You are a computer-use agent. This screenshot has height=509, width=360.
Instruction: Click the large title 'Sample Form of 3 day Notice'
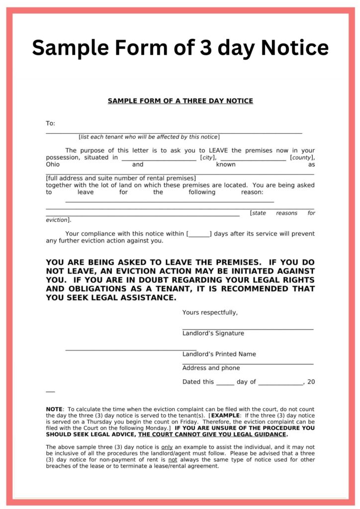[x=180, y=48]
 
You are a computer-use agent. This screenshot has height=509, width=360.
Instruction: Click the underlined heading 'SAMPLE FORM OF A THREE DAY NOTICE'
[x=180, y=101]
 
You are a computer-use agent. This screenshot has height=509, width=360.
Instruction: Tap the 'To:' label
[x=50, y=123]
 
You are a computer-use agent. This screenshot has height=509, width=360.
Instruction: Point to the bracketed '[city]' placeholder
[x=208, y=158]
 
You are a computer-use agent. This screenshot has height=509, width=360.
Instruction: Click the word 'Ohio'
[x=52, y=165]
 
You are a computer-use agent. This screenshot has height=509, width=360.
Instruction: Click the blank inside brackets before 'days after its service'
[x=199, y=234]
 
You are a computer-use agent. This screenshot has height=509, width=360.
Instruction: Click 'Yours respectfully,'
[x=210, y=313]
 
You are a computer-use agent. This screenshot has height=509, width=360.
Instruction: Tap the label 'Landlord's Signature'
[x=213, y=334]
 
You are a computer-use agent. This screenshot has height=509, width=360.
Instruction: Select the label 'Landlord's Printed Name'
[x=219, y=354]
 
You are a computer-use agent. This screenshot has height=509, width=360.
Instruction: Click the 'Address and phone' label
[x=211, y=368]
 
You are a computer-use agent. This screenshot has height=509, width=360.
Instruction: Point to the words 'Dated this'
[x=198, y=382]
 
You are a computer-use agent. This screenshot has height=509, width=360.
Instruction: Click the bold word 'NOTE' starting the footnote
[x=54, y=410]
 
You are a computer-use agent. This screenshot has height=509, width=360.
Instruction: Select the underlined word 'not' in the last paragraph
[x=173, y=460]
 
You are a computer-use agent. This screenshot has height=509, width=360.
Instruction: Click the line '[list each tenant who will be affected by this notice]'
[x=149, y=137]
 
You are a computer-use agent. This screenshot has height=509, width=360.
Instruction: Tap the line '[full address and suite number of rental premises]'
[x=121, y=178]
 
